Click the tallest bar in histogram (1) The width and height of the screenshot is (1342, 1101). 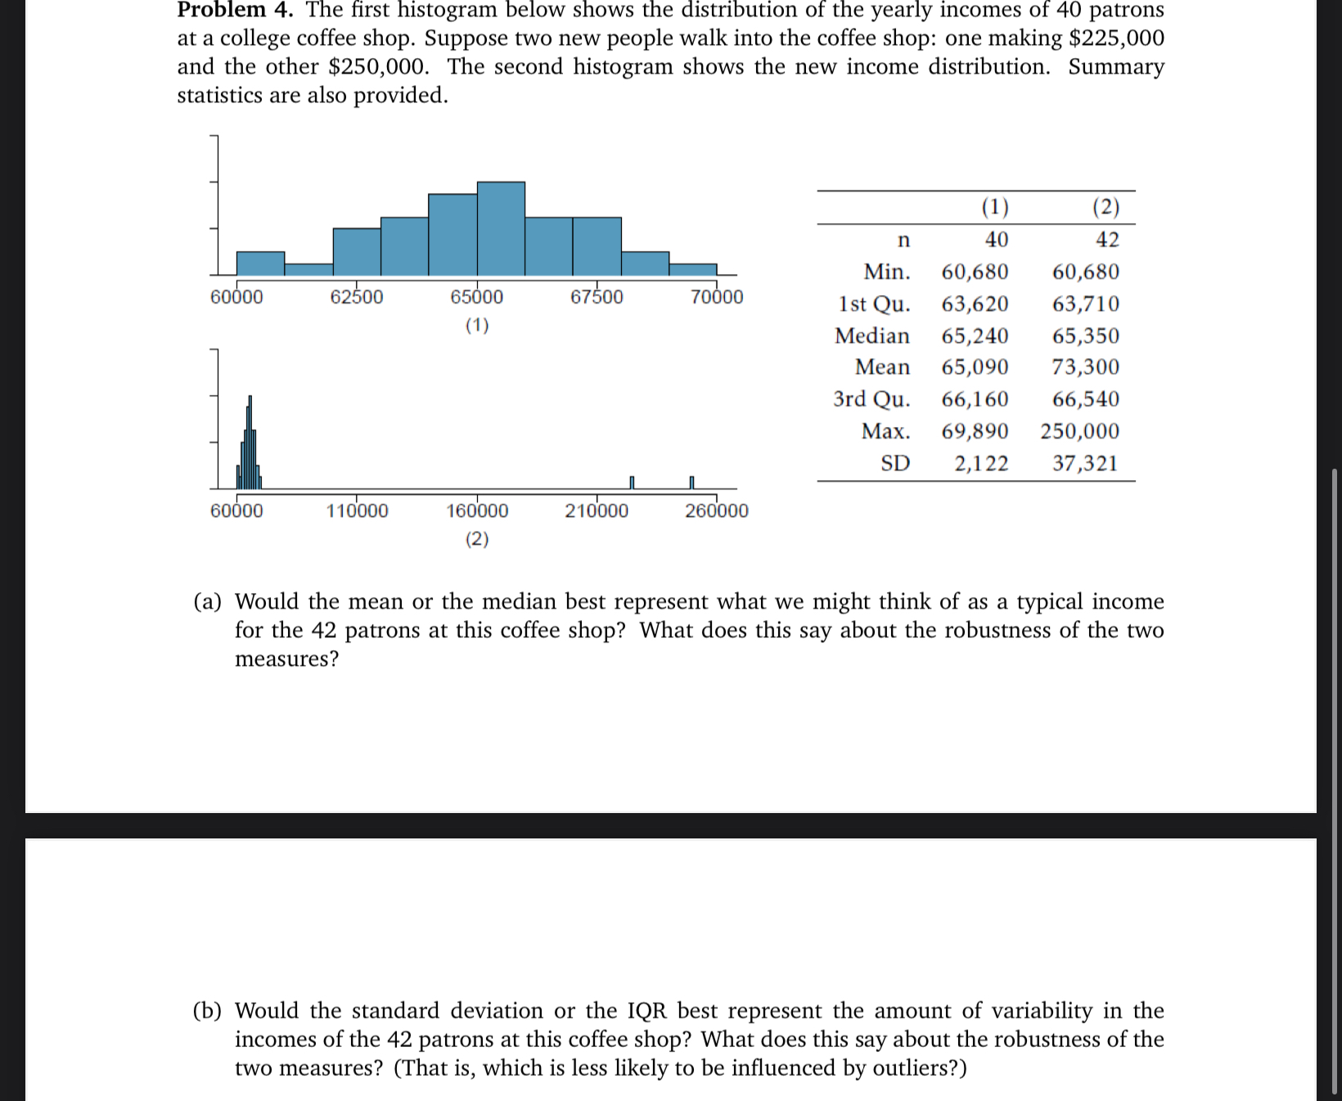(x=501, y=229)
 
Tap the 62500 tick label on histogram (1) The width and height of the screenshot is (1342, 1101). (x=356, y=297)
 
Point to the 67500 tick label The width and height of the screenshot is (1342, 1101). (x=597, y=297)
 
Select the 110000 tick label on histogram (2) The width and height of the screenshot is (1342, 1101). (x=357, y=511)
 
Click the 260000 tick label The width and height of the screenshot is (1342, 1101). (x=716, y=511)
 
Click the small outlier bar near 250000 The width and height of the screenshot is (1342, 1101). (x=691, y=483)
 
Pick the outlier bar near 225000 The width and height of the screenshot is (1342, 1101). (x=632, y=483)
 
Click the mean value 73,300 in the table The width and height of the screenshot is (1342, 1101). (x=1085, y=367)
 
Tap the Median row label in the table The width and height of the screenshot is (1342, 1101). (x=871, y=336)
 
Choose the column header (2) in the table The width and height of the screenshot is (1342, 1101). (x=1106, y=207)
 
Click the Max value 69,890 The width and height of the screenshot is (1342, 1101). (x=975, y=431)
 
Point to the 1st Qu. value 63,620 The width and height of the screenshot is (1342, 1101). (x=975, y=304)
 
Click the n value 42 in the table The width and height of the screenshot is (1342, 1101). (x=1107, y=240)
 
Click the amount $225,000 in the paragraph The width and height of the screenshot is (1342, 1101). (x=1116, y=38)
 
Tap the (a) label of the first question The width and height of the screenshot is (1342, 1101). (x=207, y=602)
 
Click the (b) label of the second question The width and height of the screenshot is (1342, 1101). (x=207, y=1011)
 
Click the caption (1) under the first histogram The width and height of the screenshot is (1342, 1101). (x=477, y=326)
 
